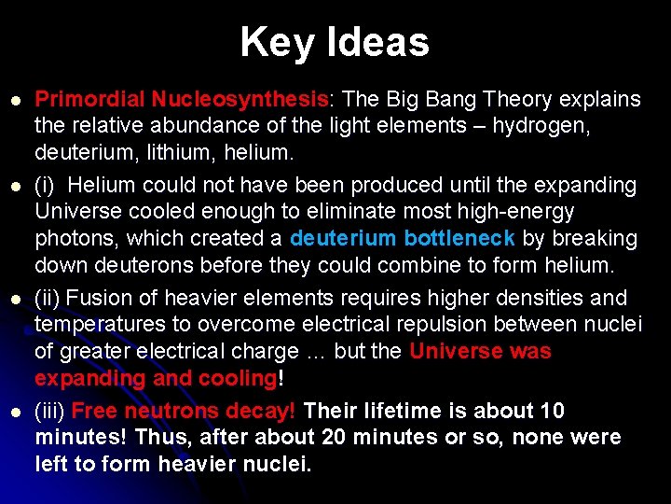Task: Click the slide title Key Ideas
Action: (x=335, y=42)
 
